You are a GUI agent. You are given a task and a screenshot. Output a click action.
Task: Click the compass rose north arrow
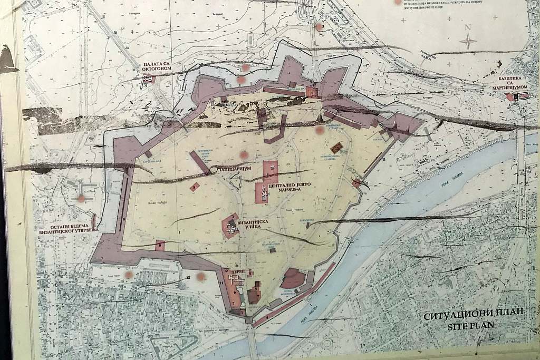pyautogui.click(x=468, y=41)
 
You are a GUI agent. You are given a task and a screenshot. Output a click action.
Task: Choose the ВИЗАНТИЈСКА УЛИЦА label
pyautogui.click(x=255, y=227)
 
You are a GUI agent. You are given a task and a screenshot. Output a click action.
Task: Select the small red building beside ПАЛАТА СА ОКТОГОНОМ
pyautogui.click(x=148, y=80)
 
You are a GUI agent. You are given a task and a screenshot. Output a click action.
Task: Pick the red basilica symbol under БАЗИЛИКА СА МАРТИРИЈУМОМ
pyautogui.click(x=510, y=97)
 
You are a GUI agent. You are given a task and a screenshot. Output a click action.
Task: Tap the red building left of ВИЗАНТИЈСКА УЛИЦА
pyautogui.click(x=231, y=226)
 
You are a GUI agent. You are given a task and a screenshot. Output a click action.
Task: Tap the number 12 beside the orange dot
pyautogui.click(x=188, y=277)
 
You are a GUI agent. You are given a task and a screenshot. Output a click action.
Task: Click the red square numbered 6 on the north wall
pyautogui.click(x=313, y=93)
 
